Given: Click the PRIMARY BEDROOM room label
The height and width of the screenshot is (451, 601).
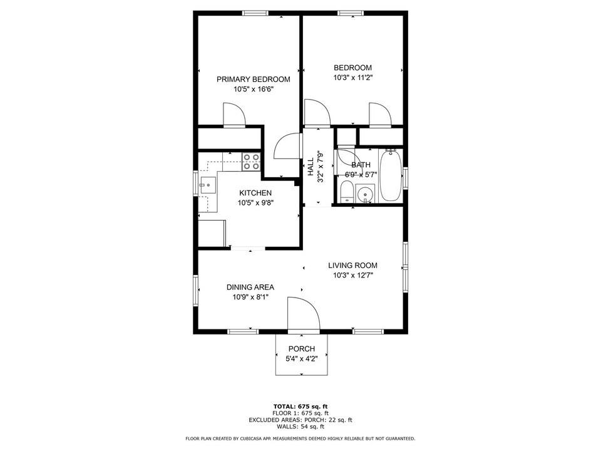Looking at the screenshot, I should [x=253, y=80].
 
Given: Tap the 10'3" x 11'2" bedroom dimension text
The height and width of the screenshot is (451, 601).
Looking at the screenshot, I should [x=352, y=78].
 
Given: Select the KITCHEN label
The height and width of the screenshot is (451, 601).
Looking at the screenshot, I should [x=255, y=193].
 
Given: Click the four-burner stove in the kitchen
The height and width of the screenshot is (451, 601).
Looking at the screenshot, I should [x=251, y=162].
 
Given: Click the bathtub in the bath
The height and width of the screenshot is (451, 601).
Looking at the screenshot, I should [x=390, y=175].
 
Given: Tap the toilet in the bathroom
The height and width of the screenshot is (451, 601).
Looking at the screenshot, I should [x=346, y=191].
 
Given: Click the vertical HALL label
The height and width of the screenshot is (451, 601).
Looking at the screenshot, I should [x=311, y=167].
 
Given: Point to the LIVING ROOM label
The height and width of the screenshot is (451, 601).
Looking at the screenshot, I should [x=352, y=265].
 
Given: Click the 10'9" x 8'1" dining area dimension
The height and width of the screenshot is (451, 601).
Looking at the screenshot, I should [x=250, y=298].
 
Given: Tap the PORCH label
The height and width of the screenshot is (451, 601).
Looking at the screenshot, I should [x=301, y=349].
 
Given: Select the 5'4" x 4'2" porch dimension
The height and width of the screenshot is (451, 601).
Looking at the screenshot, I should [x=301, y=360].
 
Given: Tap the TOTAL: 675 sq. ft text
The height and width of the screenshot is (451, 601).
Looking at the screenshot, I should [x=300, y=407].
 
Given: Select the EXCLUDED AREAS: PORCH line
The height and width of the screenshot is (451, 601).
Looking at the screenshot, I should [x=300, y=420].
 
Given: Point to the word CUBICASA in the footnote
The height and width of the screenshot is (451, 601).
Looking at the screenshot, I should [x=261, y=438].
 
